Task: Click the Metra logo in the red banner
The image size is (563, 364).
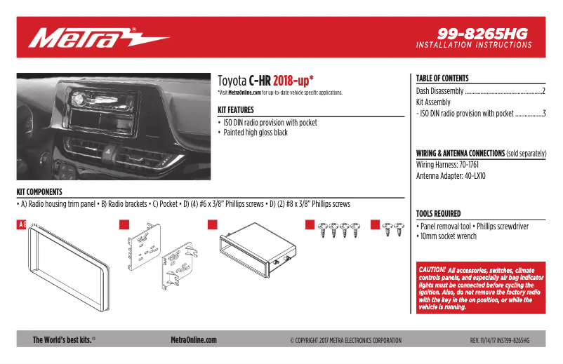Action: coord(98,37)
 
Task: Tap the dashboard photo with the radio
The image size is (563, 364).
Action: coord(113,126)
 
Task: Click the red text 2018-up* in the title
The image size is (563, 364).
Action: coord(293,80)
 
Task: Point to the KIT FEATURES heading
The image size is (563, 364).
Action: coord(241,110)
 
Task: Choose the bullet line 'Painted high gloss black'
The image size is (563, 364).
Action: coord(256,133)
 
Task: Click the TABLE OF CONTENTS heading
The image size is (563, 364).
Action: coord(442,79)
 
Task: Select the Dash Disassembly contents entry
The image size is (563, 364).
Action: coord(440,91)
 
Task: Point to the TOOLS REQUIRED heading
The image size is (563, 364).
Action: coord(439,213)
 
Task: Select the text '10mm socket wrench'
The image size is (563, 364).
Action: coord(448,236)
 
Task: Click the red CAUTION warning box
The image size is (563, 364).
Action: coord(481,288)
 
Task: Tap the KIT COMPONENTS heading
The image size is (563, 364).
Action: coord(39,191)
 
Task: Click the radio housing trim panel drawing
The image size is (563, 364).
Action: coord(69,259)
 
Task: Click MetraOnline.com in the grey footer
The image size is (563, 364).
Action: coord(194,340)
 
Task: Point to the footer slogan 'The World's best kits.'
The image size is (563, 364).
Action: coord(63,340)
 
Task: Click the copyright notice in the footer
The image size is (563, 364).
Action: coord(345,341)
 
